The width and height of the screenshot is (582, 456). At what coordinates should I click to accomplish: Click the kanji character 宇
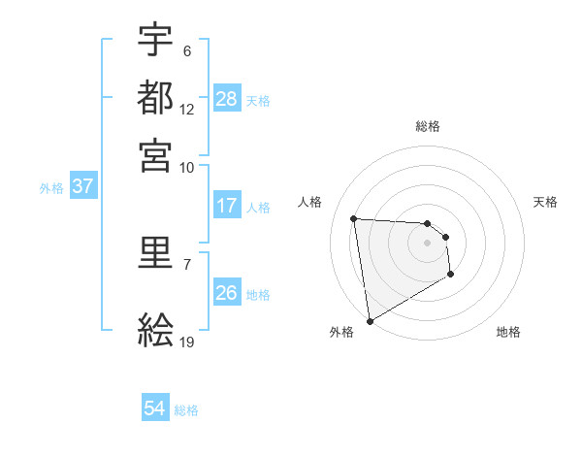pos(155,41)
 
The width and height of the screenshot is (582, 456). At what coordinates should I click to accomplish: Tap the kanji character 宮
pos(155,154)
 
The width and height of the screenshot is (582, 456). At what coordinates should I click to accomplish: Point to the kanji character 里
pos(155,254)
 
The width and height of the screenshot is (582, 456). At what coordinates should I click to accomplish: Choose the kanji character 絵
pos(155,331)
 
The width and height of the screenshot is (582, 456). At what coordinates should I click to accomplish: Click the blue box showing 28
pos(227,99)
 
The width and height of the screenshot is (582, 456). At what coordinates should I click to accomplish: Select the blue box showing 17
pos(227,206)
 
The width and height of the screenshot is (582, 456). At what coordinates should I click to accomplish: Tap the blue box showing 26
pos(227,293)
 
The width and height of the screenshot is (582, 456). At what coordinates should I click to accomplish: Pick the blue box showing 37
pos(82,187)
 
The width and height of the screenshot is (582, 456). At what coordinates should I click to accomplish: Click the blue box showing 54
pos(155,409)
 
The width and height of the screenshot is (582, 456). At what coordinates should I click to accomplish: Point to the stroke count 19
pos(187,342)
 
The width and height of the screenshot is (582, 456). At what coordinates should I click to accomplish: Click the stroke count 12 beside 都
pos(187,110)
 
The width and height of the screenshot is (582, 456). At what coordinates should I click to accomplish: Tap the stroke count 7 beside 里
pos(187,263)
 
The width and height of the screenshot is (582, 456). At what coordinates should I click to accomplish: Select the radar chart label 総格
pos(428,126)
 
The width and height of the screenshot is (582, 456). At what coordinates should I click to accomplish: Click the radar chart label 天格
pos(546,202)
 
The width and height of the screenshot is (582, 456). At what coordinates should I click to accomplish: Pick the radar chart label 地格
pos(508,332)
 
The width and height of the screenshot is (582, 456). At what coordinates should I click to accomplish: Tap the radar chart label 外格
pos(341,332)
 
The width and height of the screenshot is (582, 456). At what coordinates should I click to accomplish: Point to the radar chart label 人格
pos(310,202)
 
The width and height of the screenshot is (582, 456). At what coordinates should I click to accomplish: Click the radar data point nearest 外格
pos(370,320)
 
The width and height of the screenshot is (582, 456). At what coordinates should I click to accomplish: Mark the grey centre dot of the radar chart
pos(428,243)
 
